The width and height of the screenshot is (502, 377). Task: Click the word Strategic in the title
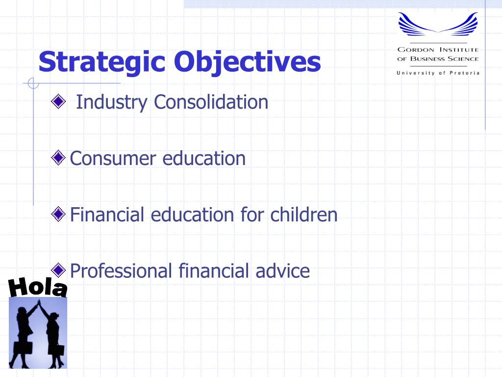pos(102,62)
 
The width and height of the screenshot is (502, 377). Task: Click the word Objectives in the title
pos(247,62)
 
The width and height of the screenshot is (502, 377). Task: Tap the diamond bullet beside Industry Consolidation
pos(58,102)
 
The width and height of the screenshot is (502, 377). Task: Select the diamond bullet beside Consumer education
pos(58,158)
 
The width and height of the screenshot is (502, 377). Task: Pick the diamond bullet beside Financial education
pos(58,214)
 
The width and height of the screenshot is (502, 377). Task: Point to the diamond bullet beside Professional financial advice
pos(58,270)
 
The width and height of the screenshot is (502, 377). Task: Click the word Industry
pos(112,103)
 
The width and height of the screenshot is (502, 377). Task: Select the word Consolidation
pos(211,102)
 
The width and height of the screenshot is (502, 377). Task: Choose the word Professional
pos(121,271)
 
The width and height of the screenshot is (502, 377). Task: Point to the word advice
pos(283,271)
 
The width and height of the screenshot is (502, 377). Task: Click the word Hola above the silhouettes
pos(38,287)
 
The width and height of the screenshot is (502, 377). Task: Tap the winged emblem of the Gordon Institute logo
pos(438,24)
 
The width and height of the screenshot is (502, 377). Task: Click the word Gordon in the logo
pos(416,50)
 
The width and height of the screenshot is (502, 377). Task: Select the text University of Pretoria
pos(438,73)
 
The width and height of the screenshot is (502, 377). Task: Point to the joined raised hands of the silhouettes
pos(39,302)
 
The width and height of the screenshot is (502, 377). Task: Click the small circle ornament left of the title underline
pos(33,83)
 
